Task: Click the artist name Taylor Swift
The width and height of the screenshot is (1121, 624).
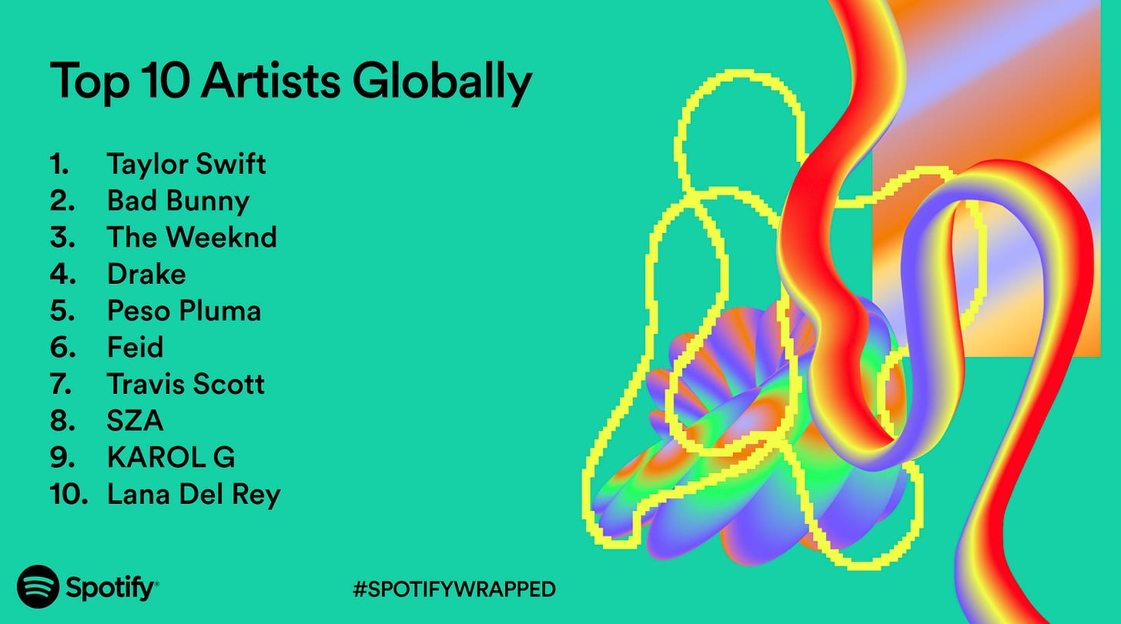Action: pos(186,164)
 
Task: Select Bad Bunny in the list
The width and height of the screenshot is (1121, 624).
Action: pos(178,201)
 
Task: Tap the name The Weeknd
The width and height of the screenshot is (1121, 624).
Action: pos(192,237)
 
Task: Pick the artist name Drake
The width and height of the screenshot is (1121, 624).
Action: pos(146,274)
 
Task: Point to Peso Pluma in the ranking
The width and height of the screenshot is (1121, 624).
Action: pos(184,311)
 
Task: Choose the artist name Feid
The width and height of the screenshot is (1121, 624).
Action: pos(135,347)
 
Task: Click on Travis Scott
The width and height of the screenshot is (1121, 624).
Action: pos(186,384)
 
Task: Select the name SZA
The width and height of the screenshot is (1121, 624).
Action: pos(135,421)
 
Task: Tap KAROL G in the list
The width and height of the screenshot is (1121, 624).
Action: pos(171,457)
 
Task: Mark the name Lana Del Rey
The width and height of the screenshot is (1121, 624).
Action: pos(193,494)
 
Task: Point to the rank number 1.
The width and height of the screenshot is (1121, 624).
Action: pos(59,164)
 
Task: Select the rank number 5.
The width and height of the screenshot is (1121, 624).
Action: pos(62,311)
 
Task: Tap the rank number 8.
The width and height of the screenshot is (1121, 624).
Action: pos(62,421)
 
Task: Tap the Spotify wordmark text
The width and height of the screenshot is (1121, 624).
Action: pos(111,589)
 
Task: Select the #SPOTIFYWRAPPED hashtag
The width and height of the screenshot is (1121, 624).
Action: pos(454,589)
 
